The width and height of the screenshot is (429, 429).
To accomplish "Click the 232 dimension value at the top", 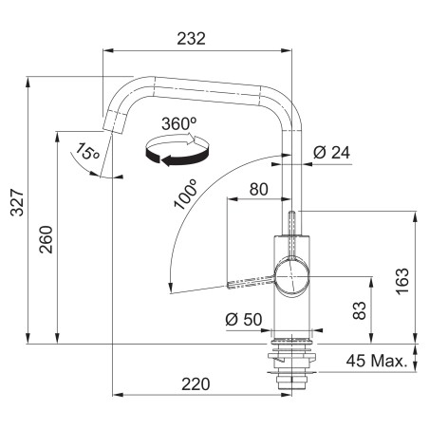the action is [x=191, y=39].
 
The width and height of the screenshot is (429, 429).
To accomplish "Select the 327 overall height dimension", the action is [x=17, y=202].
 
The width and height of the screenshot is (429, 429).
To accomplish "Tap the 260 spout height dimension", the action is [x=46, y=239].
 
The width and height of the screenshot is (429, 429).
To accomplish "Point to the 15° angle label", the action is [x=87, y=151].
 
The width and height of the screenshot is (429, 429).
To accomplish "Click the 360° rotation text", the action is [x=179, y=123].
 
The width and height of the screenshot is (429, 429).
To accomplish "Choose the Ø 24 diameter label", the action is [x=331, y=153].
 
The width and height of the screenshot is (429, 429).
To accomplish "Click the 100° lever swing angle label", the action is [x=186, y=195].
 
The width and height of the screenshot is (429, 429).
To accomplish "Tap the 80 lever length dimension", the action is [x=259, y=189].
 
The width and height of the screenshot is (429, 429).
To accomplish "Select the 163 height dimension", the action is [x=402, y=282].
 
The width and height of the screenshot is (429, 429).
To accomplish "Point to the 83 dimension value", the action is [x=359, y=310].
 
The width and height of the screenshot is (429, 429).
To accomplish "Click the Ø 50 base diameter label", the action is [x=244, y=319].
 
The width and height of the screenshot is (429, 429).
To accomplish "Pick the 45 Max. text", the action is [x=377, y=361].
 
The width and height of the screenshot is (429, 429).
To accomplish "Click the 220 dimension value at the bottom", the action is [x=196, y=384].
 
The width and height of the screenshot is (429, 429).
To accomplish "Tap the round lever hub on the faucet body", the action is [x=292, y=277].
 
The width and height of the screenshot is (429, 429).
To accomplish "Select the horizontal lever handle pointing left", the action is [x=251, y=282].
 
